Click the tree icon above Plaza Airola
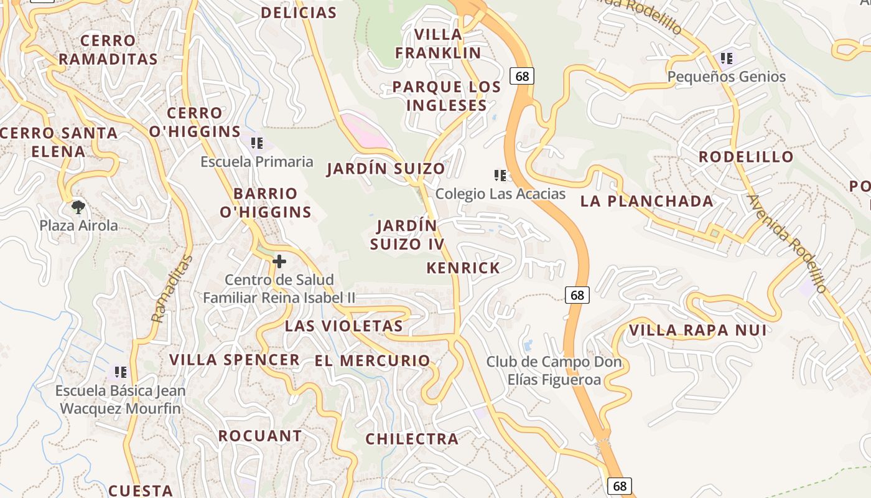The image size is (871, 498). click(78, 207)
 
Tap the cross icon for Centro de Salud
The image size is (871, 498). click(279, 261)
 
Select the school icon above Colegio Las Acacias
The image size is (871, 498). click(500, 176)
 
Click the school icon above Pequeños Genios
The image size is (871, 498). click(726, 59)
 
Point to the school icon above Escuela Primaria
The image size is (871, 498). click(256, 143)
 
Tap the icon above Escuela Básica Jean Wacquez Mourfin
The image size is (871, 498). click(120, 372)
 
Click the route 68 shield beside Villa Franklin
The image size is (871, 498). click(522, 76)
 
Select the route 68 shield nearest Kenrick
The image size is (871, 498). click(577, 294)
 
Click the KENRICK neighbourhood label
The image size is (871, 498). click(463, 268)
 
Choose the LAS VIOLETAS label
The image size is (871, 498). click(343, 326)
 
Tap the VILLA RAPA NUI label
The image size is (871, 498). click(697, 330)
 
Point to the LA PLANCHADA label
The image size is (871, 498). click(646, 201)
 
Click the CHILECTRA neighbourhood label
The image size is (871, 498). click(412, 439)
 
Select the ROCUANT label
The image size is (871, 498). click(260, 436)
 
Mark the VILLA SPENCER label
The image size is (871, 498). click(235, 360)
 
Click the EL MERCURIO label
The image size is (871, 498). click(372, 360)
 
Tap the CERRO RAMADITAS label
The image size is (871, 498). click(108, 50)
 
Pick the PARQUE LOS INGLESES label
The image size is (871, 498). click(447, 96)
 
